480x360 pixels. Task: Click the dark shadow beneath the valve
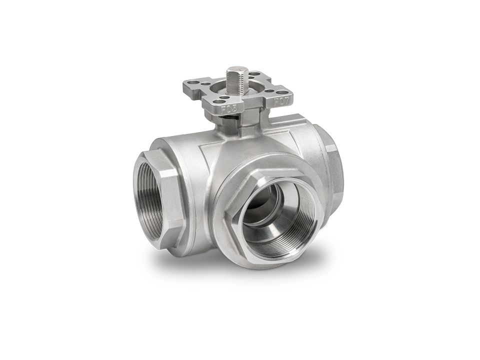240,280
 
